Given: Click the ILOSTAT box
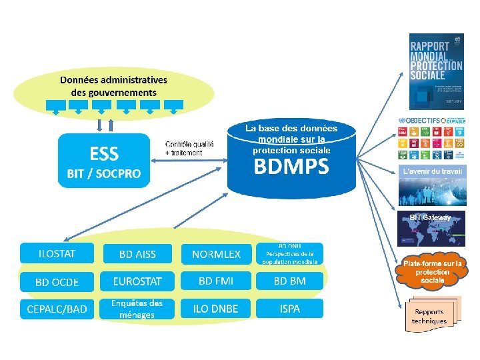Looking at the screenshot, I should [x=57, y=253].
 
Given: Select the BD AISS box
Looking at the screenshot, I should [x=137, y=253].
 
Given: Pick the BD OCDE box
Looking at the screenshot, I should [x=57, y=281].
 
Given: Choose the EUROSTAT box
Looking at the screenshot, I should [x=137, y=281].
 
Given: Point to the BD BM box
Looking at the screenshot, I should [x=289, y=281].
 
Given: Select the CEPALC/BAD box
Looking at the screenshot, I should [x=57, y=309].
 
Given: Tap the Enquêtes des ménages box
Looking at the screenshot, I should [x=137, y=309].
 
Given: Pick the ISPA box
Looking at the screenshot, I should [x=289, y=309].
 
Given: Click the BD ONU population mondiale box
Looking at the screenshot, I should [x=289, y=253].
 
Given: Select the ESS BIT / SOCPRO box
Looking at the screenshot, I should [x=103, y=162].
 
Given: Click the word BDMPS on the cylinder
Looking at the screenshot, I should [x=291, y=167].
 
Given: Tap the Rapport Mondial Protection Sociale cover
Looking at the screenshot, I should [x=435, y=71].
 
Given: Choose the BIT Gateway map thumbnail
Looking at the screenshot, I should [x=432, y=229].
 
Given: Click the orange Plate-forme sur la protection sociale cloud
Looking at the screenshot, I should [x=432, y=272].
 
